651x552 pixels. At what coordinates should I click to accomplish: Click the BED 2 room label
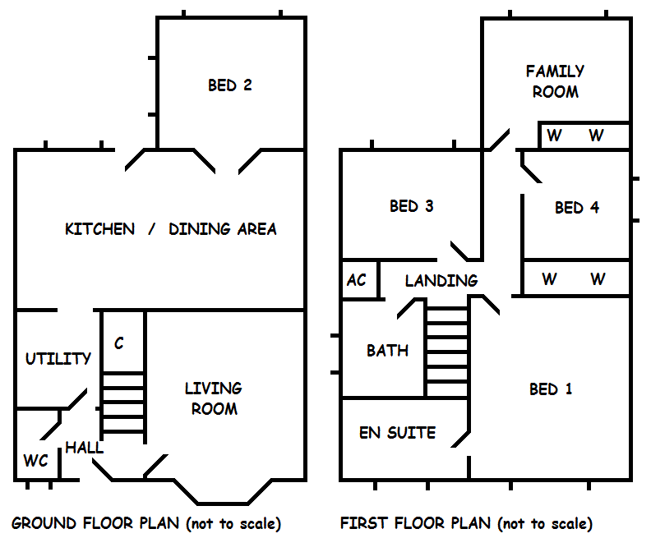[x=229, y=85]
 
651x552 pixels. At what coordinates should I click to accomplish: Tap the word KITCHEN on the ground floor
[x=99, y=229]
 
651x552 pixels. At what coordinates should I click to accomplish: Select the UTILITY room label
[x=58, y=359]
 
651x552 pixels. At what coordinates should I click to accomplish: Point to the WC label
[x=35, y=461]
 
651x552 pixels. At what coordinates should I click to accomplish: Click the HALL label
[x=85, y=448]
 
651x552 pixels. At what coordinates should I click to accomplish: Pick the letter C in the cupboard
[x=119, y=343]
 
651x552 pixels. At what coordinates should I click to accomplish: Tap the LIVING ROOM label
[x=213, y=398]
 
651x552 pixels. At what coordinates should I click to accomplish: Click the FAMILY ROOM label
[x=555, y=82]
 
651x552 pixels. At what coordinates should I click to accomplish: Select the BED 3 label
[x=411, y=206]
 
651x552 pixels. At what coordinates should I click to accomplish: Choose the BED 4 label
[x=576, y=208]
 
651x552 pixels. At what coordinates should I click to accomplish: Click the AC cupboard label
[x=357, y=281]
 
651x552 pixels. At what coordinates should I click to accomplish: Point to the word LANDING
[x=441, y=281]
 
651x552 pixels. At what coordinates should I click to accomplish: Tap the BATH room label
[x=387, y=351]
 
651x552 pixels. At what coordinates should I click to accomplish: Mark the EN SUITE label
[x=397, y=433]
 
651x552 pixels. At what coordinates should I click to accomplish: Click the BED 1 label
[x=550, y=389]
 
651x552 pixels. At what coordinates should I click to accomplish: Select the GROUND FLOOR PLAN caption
[x=145, y=523]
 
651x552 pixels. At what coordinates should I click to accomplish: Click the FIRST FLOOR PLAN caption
[x=466, y=523]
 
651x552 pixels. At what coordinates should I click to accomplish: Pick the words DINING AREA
[x=223, y=229]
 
